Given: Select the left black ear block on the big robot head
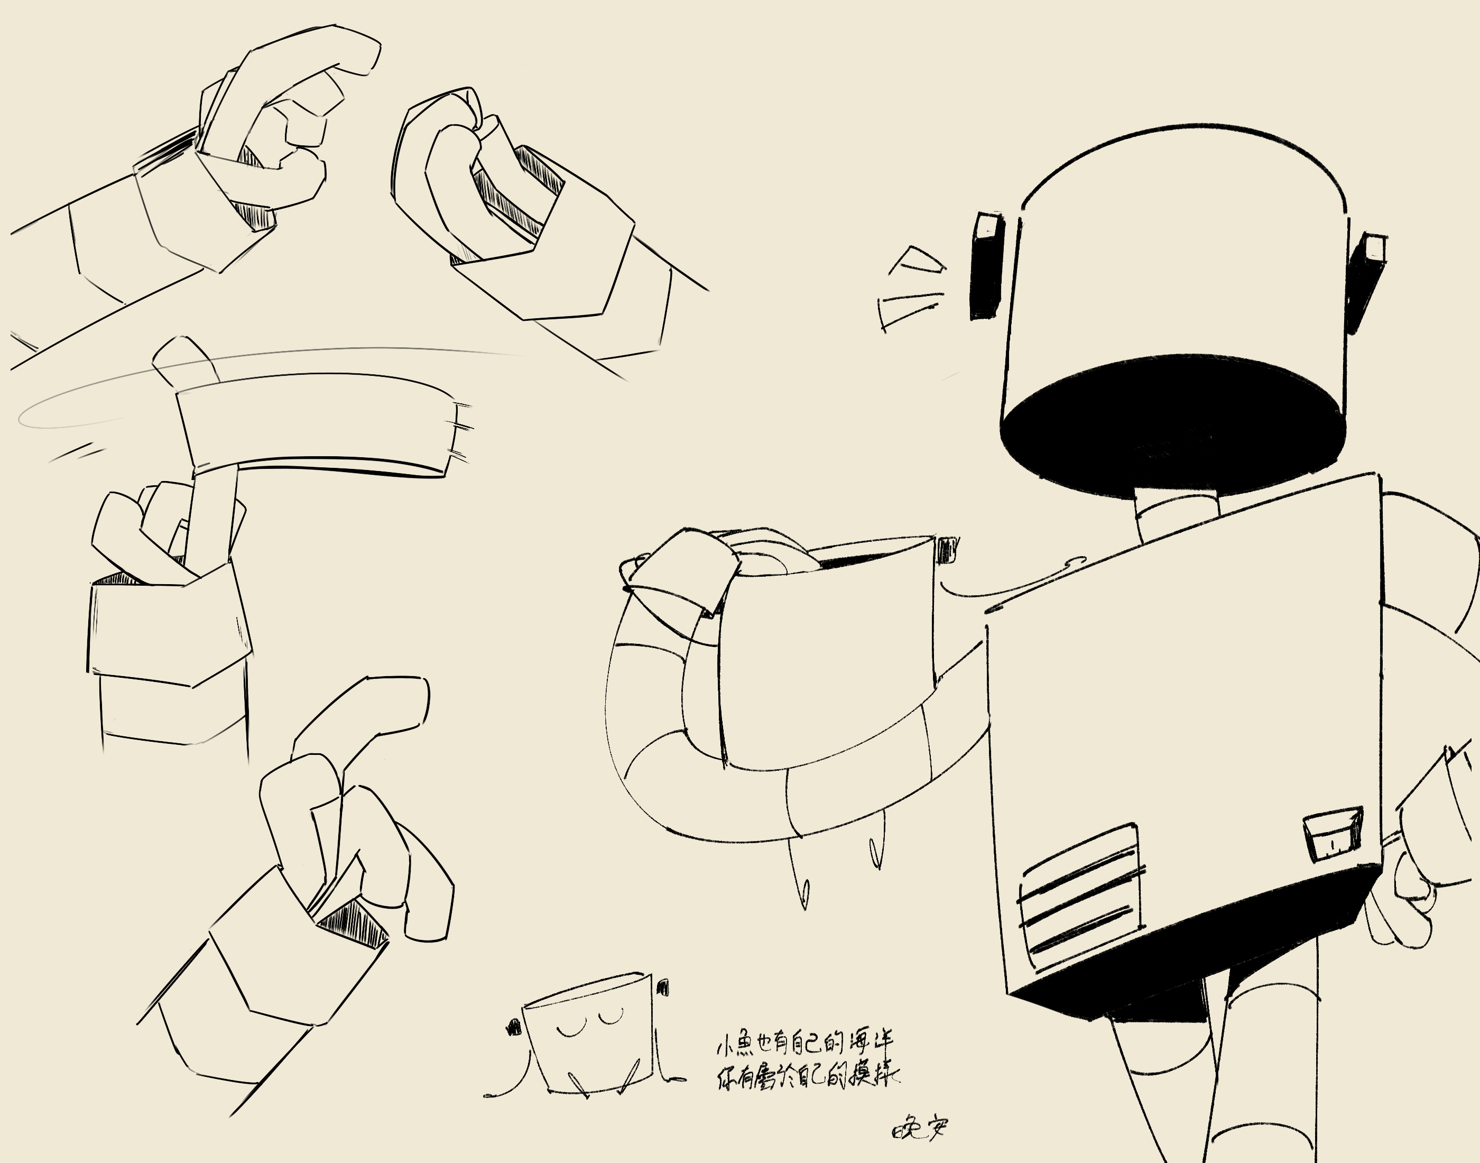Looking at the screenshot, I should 986,265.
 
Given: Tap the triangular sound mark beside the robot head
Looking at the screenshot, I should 915,262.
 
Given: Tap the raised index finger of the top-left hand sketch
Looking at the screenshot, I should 307,54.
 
